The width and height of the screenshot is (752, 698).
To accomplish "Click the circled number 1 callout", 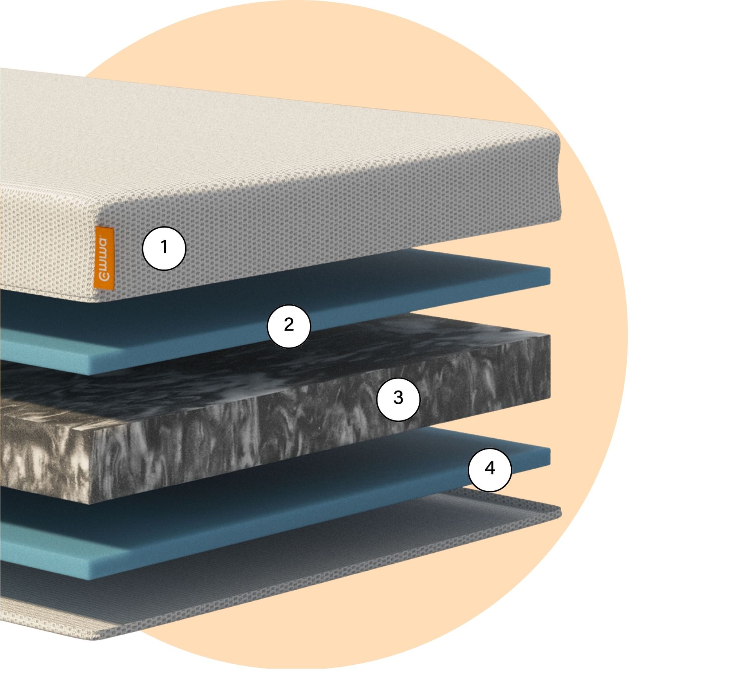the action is (164, 248).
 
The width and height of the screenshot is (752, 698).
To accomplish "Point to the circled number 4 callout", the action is (490, 470).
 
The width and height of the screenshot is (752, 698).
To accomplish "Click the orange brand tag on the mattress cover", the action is (104, 259).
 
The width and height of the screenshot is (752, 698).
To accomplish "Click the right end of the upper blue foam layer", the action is (548, 276).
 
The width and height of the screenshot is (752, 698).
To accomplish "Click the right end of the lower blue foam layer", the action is (548, 456).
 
